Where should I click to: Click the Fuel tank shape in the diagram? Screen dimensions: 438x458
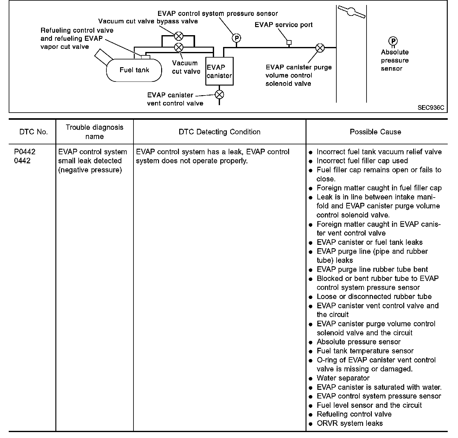tap(134, 70)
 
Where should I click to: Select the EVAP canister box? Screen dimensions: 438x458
tap(219, 71)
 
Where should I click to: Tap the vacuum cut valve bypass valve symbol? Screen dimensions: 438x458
tap(179, 36)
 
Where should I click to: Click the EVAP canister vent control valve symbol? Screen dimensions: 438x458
tap(219, 95)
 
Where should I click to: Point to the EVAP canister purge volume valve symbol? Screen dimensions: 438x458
tap(320, 48)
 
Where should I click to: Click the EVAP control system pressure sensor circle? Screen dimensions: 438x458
tap(236, 38)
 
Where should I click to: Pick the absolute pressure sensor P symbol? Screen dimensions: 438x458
tap(393, 41)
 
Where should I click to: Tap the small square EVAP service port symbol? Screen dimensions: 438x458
tap(289, 42)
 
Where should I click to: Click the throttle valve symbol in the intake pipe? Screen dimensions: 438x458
tap(351, 12)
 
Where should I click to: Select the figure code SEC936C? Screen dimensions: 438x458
tap(431, 108)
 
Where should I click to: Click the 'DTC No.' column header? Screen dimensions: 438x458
tap(33, 132)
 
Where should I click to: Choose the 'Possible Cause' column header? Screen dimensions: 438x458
tap(375, 132)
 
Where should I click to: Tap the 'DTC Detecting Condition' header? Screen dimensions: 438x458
tap(219, 132)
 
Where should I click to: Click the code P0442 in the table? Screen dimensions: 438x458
tap(25, 152)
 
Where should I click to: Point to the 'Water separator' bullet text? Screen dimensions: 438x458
tap(343, 378)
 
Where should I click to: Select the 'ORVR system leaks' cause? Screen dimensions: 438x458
tap(349, 423)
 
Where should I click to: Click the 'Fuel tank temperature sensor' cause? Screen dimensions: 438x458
tap(365, 351)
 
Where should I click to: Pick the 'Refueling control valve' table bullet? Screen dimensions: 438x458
tap(354, 414)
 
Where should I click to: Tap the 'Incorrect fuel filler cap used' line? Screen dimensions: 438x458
tap(362, 161)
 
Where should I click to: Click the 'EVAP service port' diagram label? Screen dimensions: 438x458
tap(283, 25)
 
